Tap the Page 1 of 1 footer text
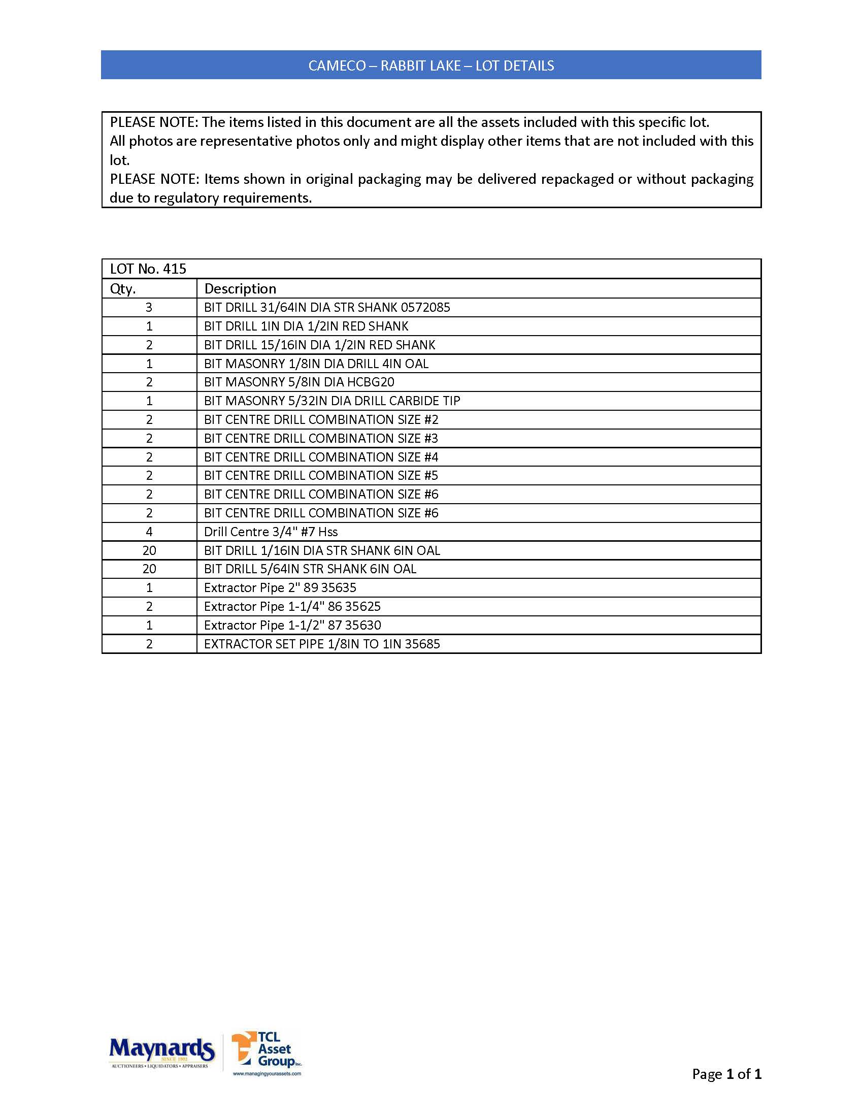[726, 1074]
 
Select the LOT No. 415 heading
[148, 269]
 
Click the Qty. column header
[123, 288]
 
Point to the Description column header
[240, 288]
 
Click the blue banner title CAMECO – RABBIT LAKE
[431, 65]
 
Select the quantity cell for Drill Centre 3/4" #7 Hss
[149, 532]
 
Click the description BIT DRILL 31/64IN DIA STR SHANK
[327, 307]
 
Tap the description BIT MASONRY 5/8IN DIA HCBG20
[299, 382]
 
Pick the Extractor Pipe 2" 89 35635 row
[280, 587]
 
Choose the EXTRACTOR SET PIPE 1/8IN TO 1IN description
[321, 644]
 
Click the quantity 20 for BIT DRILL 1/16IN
[149, 551]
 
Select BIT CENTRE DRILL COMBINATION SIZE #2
[321, 420]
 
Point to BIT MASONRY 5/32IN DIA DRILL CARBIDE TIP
[332, 401]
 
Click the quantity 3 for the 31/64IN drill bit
[149, 307]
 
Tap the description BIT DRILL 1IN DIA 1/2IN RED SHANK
[306, 326]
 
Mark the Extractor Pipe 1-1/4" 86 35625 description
[292, 607]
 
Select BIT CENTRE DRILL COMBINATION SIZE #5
[321, 476]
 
